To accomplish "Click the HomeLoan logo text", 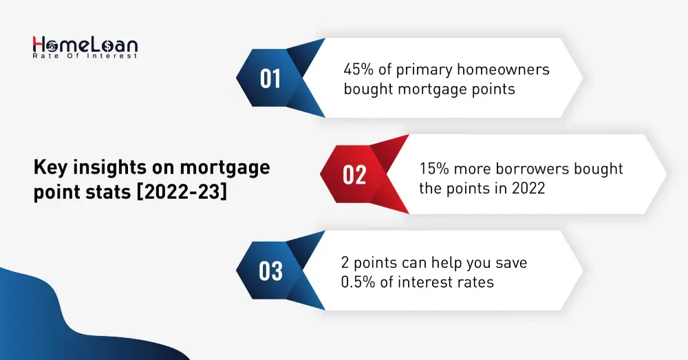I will pos(85,45).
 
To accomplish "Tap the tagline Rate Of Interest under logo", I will pos(85,56).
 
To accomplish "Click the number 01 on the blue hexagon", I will pos(270,79).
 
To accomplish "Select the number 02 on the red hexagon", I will pos(354,176).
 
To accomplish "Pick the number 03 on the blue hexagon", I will pos(270,271).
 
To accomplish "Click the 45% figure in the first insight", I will pos(357,70).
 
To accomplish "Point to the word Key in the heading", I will pos(49,167).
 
